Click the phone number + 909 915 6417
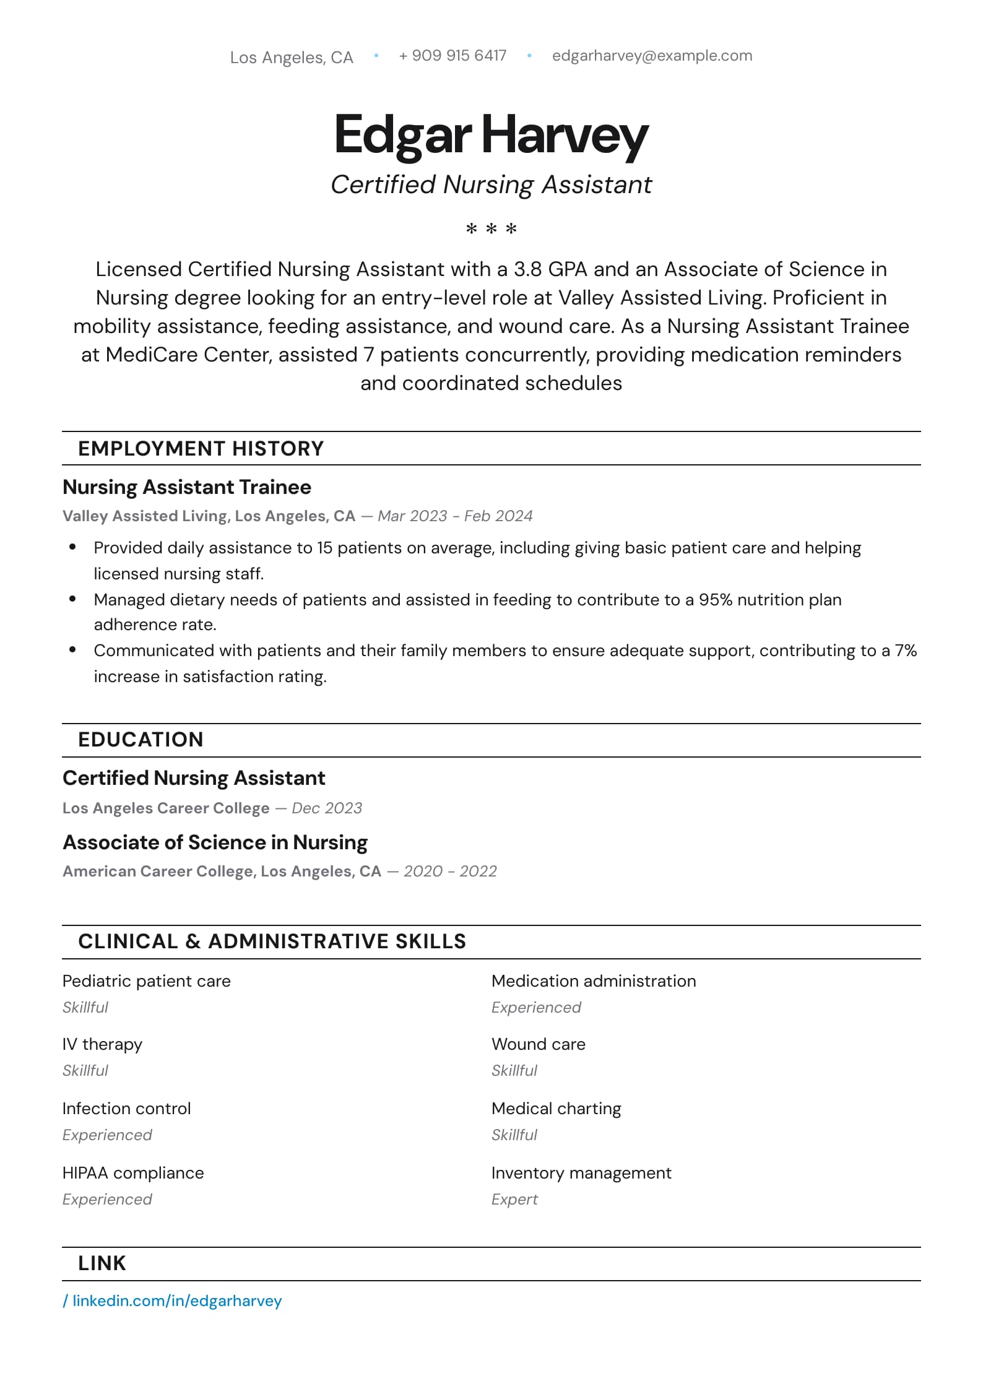click(453, 56)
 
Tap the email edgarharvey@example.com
click(652, 56)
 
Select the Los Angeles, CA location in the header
click(291, 58)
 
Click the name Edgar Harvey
click(491, 135)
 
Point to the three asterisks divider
click(491, 229)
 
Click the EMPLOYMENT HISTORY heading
click(201, 449)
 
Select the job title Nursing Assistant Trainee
click(186, 487)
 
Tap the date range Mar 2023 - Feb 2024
click(455, 516)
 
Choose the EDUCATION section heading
click(141, 740)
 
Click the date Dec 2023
click(327, 808)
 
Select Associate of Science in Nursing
click(215, 842)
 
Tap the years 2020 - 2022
click(450, 872)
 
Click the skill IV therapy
click(102, 1044)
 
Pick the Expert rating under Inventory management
click(514, 1200)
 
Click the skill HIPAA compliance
click(133, 1173)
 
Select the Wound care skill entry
click(538, 1044)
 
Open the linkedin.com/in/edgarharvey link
click(176, 1301)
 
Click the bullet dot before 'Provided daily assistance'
click(72, 547)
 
